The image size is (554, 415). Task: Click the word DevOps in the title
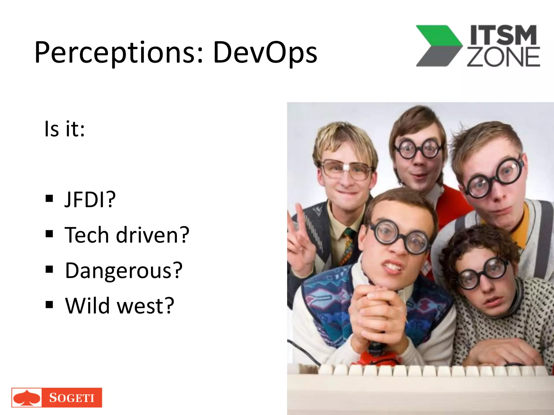click(265, 53)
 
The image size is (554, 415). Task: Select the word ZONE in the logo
click(503, 57)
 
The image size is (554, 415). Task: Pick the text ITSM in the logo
click(503, 35)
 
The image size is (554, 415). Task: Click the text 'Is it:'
click(64, 129)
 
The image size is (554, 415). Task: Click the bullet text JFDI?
click(90, 200)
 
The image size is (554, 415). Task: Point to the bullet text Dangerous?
click(124, 270)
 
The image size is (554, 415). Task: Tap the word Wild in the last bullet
click(87, 306)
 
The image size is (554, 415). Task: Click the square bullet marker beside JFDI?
click(49, 199)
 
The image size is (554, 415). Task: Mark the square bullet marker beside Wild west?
click(49, 304)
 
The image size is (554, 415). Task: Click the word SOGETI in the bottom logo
click(72, 398)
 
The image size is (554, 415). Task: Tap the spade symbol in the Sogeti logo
click(27, 398)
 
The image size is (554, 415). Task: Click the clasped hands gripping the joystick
click(376, 313)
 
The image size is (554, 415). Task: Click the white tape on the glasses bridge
click(346, 168)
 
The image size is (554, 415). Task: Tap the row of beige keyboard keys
click(433, 370)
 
